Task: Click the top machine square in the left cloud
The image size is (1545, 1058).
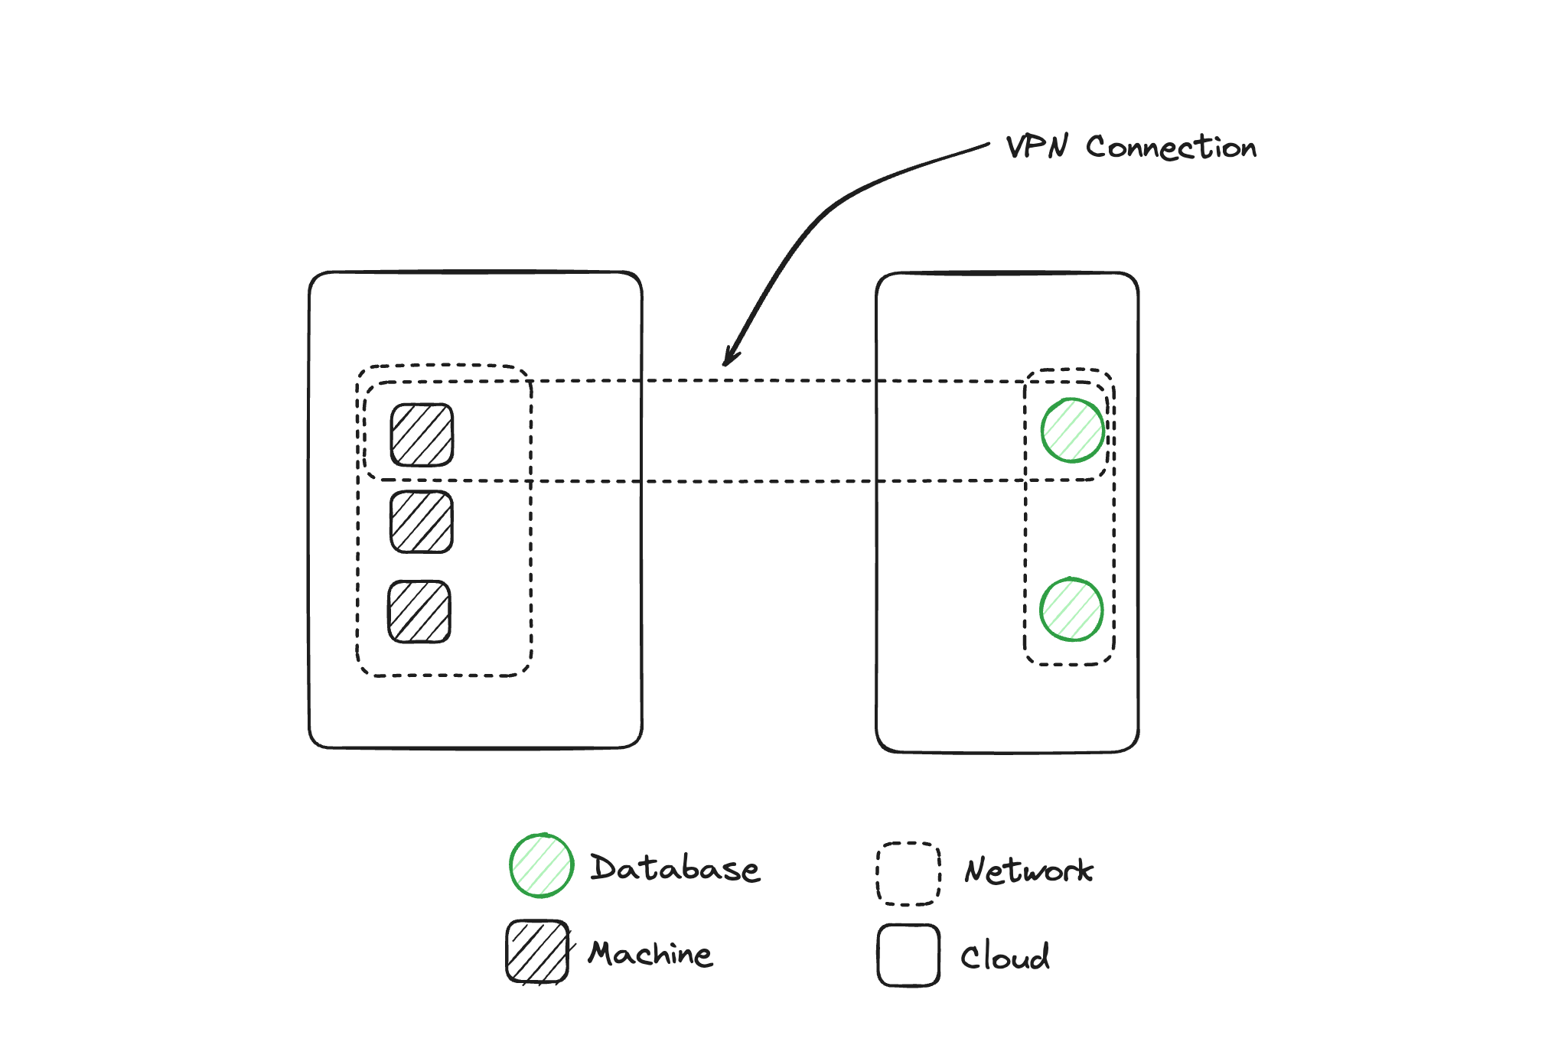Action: point(422,435)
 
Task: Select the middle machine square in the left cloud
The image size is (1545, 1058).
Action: point(422,522)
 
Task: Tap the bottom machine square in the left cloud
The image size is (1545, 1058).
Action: point(419,611)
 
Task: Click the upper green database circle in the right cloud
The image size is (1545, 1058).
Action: point(1072,430)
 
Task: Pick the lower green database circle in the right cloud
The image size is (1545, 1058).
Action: point(1071,610)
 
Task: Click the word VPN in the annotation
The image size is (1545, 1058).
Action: point(1036,146)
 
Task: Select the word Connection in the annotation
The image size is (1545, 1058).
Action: point(1171,147)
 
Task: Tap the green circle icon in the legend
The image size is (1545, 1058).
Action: point(542,865)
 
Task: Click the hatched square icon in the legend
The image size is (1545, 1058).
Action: point(537,952)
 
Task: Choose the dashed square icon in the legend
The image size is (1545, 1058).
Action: point(908,874)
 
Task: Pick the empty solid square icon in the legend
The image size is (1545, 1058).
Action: point(908,955)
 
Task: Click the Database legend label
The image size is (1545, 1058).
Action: point(675,868)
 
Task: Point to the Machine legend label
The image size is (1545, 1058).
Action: point(650,954)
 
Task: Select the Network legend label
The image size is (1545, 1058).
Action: point(1028,871)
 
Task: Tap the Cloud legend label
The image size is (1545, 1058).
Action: point(1005,956)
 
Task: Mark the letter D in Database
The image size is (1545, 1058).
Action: point(604,868)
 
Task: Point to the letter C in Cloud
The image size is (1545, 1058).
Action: point(970,957)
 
